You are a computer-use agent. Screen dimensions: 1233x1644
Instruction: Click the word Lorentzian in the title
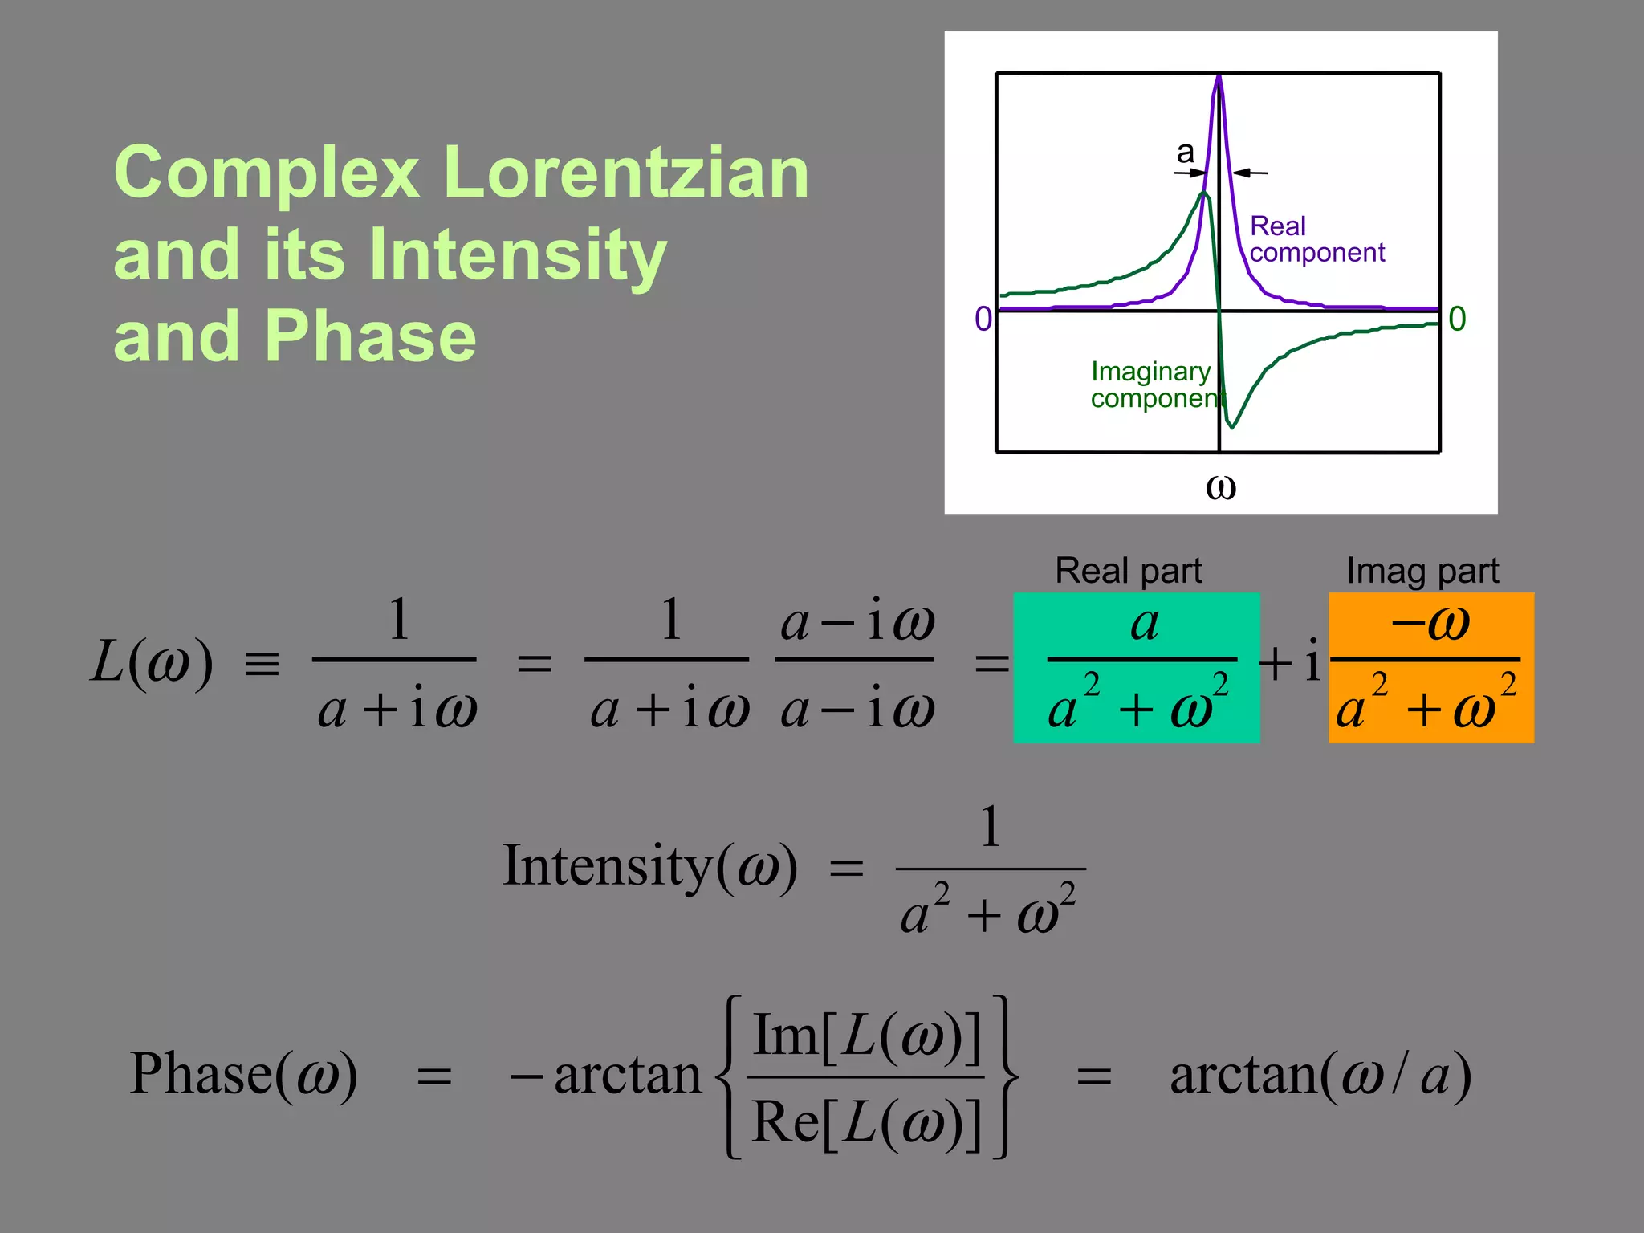coord(625,173)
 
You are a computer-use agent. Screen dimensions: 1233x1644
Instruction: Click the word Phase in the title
coord(370,336)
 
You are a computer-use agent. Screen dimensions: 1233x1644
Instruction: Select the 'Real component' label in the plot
coord(1316,239)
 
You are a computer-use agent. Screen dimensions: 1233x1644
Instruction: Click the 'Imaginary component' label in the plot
coord(1152,385)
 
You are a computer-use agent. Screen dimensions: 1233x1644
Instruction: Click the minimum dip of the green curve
coord(1232,425)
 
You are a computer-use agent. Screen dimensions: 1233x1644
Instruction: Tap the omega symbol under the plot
coord(1220,486)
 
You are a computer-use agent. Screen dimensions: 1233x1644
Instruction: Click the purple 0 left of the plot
coord(983,319)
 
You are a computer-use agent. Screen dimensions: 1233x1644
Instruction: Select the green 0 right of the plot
coord(1457,319)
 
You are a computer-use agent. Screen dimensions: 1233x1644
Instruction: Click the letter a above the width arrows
coord(1186,152)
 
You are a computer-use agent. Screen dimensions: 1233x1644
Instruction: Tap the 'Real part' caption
coord(1128,571)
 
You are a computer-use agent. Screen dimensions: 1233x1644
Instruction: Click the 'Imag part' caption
coord(1422,571)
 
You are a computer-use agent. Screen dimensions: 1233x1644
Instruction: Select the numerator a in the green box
coord(1144,623)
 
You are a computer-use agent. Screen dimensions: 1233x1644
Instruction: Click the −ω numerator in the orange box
coord(1430,622)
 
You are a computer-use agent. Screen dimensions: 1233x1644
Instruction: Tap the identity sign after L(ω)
coord(262,665)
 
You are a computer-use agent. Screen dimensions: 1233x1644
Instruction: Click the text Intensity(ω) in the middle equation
coord(649,866)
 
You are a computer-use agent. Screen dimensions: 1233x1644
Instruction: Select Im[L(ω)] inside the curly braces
coord(867,1036)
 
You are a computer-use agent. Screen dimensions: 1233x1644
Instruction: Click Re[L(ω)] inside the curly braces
coord(867,1121)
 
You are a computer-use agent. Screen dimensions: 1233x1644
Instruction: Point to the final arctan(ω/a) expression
coord(1320,1075)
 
